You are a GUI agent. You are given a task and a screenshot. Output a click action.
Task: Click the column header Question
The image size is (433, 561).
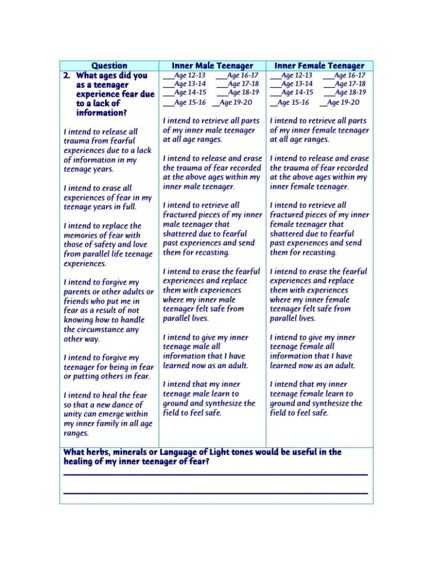click(x=109, y=66)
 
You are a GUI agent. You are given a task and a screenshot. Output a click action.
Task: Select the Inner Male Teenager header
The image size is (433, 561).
click(x=212, y=66)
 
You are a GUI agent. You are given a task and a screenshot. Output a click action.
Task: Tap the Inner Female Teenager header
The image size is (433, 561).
click(x=319, y=66)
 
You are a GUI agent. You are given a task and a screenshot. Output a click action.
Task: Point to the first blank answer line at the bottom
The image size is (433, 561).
click(x=215, y=474)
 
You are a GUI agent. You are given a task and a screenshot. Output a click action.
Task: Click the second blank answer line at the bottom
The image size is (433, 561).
click(x=215, y=493)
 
